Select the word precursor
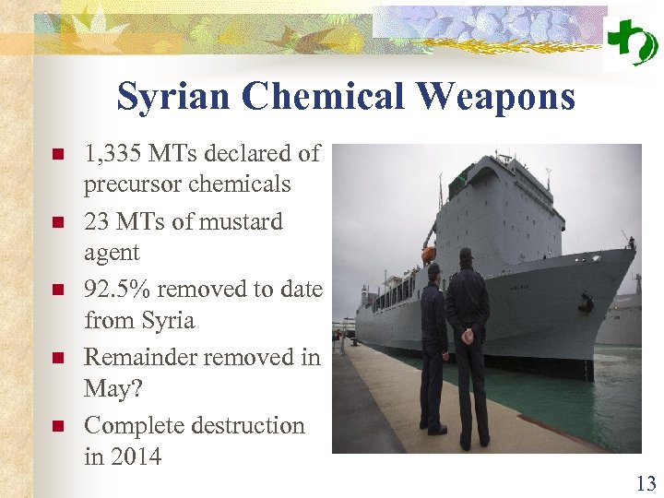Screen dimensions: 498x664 click(133, 184)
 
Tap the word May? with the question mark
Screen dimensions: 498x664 click(113, 388)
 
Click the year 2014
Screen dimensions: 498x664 click(135, 456)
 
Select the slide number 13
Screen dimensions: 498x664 click(646, 482)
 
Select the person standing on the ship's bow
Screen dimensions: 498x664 click(632, 243)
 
